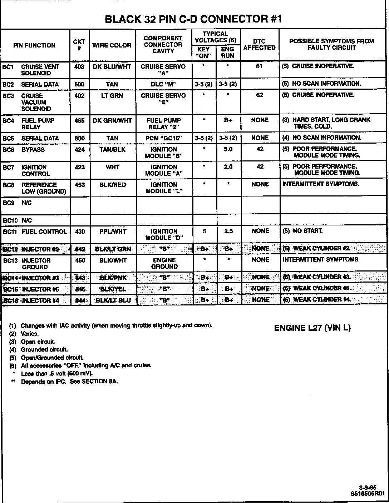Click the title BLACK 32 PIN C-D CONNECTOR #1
click(x=193, y=19)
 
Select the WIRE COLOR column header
click(x=112, y=45)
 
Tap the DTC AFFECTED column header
click(x=259, y=45)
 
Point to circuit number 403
click(x=79, y=66)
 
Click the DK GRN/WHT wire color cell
click(x=112, y=121)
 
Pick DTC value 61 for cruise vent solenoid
click(x=260, y=66)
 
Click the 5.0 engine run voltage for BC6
click(x=228, y=149)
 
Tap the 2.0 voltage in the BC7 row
click(x=228, y=167)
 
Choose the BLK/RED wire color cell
click(x=112, y=185)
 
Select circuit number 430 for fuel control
click(x=80, y=231)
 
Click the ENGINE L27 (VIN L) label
click(x=312, y=328)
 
